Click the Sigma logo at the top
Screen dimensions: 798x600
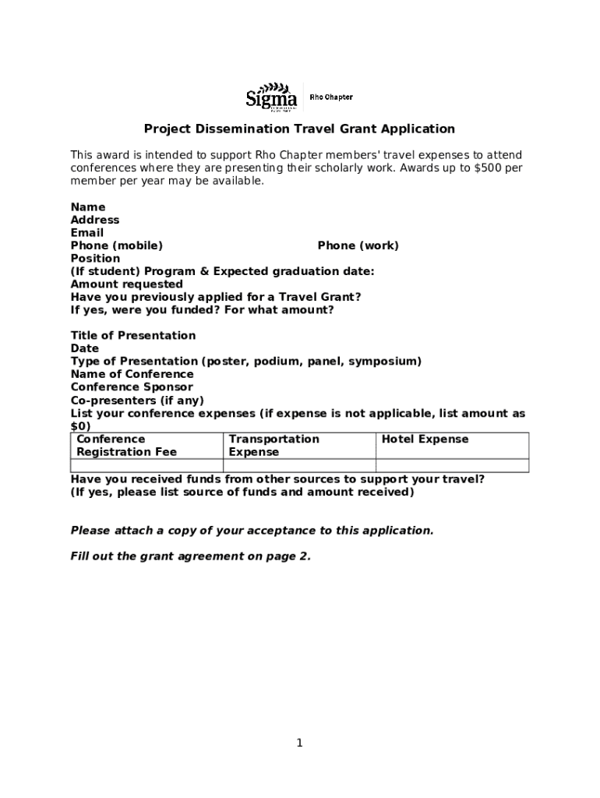click(271, 97)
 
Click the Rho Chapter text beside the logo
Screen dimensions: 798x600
click(331, 97)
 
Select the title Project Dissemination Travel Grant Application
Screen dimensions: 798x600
click(298, 129)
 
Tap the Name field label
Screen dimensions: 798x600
click(88, 207)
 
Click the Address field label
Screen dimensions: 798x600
click(95, 221)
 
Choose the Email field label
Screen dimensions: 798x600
click(87, 233)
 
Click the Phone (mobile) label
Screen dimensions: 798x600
click(117, 245)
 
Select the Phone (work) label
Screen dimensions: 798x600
click(358, 245)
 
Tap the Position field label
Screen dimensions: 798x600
click(95, 259)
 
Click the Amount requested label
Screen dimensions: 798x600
click(127, 284)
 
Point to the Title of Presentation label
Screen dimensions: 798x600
click(133, 336)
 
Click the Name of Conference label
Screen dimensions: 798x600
click(132, 374)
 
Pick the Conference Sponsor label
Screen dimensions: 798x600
click(132, 387)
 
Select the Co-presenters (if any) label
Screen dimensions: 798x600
click(137, 401)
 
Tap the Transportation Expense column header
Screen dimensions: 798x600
click(274, 446)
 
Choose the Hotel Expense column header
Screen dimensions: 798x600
click(425, 440)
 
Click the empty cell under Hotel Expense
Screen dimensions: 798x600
click(452, 466)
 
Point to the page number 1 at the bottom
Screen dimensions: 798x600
click(299, 743)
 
